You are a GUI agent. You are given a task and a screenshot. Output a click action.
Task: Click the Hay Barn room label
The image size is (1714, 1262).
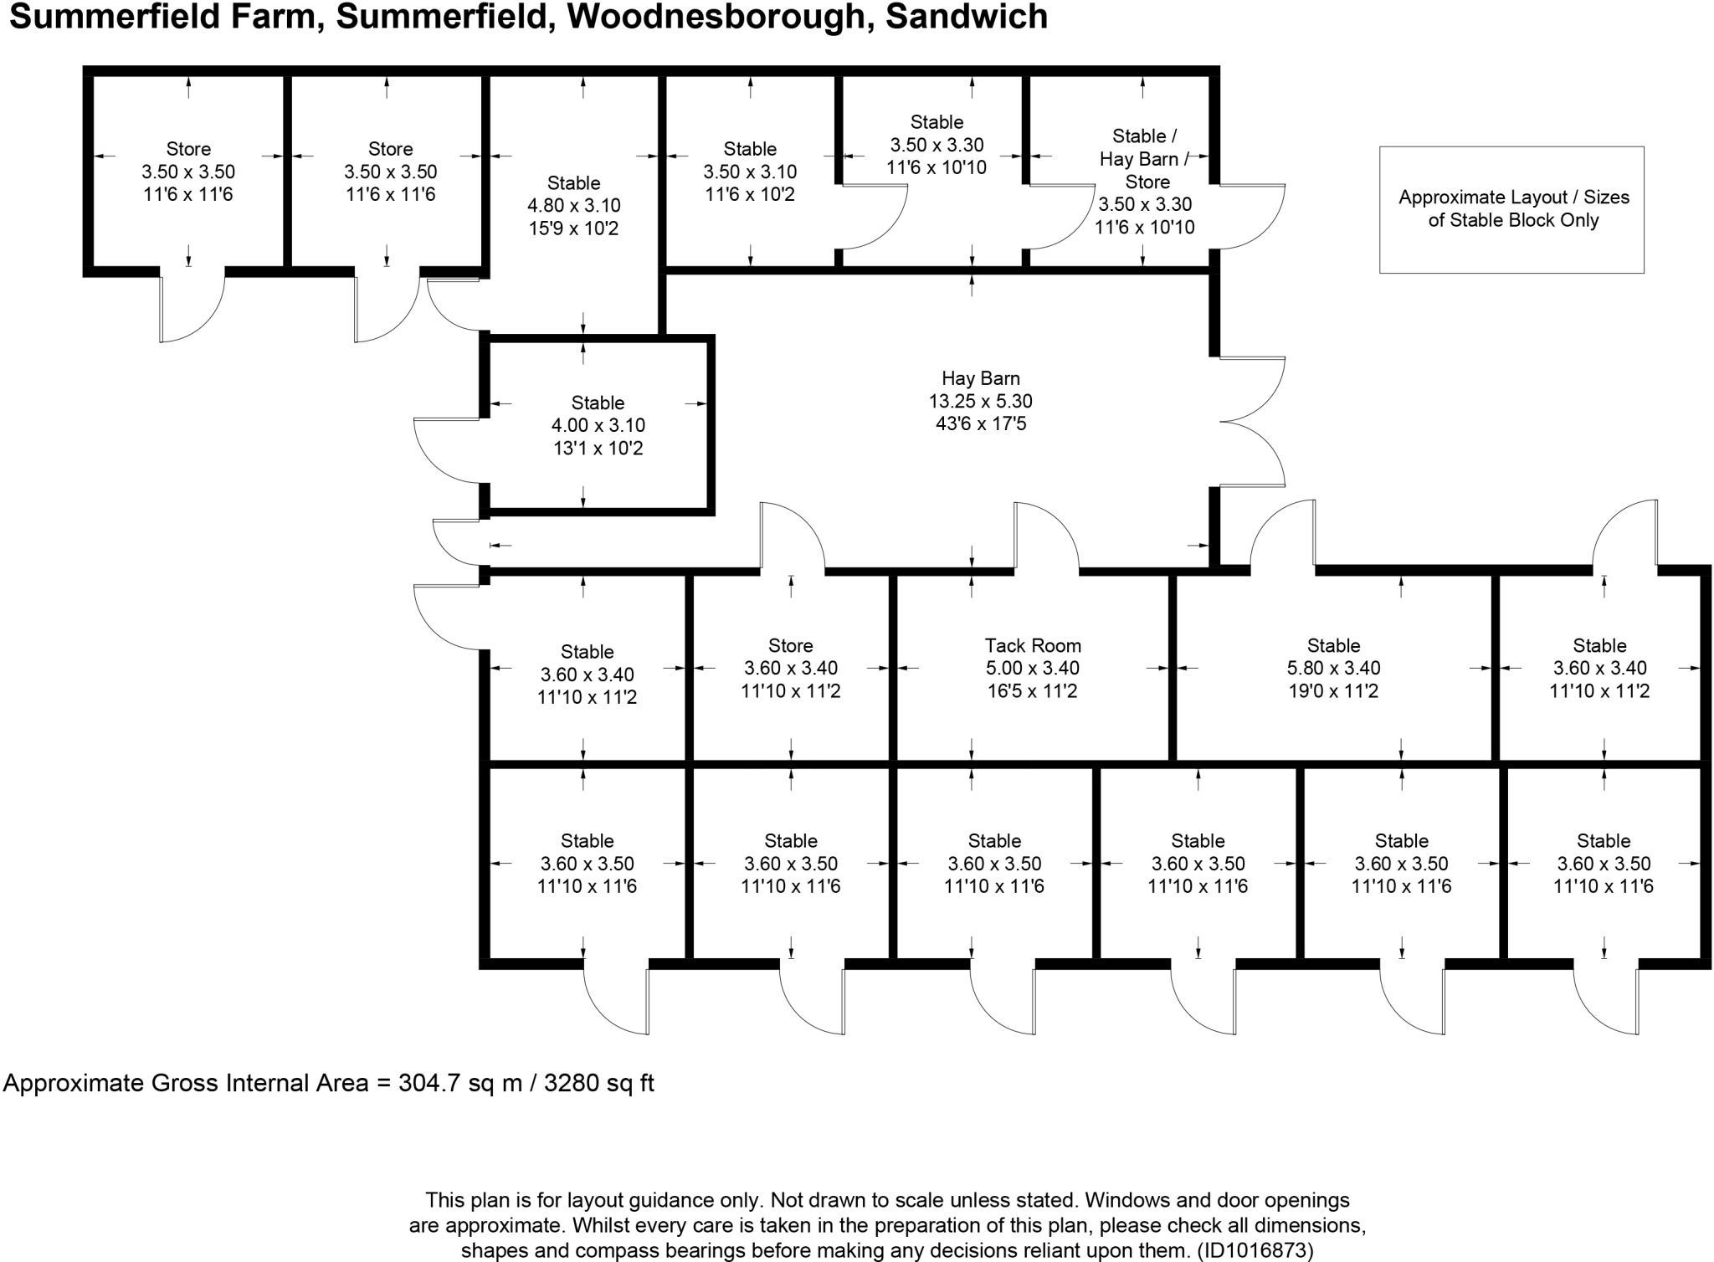980,378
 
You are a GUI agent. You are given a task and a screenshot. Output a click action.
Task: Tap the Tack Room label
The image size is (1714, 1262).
1033,645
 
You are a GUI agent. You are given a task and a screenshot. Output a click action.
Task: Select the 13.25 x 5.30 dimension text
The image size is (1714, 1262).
980,401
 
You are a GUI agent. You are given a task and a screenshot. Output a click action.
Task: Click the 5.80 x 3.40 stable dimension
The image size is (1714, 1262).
1333,668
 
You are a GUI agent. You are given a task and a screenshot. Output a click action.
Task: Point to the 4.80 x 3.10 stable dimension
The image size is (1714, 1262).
573,205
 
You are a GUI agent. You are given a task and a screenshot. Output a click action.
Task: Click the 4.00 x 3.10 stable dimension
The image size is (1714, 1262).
598,425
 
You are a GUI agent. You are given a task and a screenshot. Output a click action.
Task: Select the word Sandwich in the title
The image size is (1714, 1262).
967,17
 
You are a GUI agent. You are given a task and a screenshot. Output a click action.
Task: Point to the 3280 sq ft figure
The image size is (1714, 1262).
599,1083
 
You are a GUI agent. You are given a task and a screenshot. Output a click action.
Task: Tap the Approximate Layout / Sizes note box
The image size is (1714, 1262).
1511,209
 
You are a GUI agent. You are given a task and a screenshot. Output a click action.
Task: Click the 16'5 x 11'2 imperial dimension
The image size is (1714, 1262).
1033,691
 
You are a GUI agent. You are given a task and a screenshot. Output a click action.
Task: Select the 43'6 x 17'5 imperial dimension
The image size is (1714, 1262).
980,423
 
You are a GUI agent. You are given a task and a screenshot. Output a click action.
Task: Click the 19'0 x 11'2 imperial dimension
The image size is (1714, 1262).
1333,691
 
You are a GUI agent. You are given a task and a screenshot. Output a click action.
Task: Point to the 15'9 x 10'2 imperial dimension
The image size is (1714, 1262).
573,228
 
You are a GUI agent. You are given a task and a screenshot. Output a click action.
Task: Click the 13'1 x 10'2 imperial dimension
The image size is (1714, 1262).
598,449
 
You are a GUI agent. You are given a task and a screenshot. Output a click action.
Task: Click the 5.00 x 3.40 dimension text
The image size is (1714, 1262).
1033,668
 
